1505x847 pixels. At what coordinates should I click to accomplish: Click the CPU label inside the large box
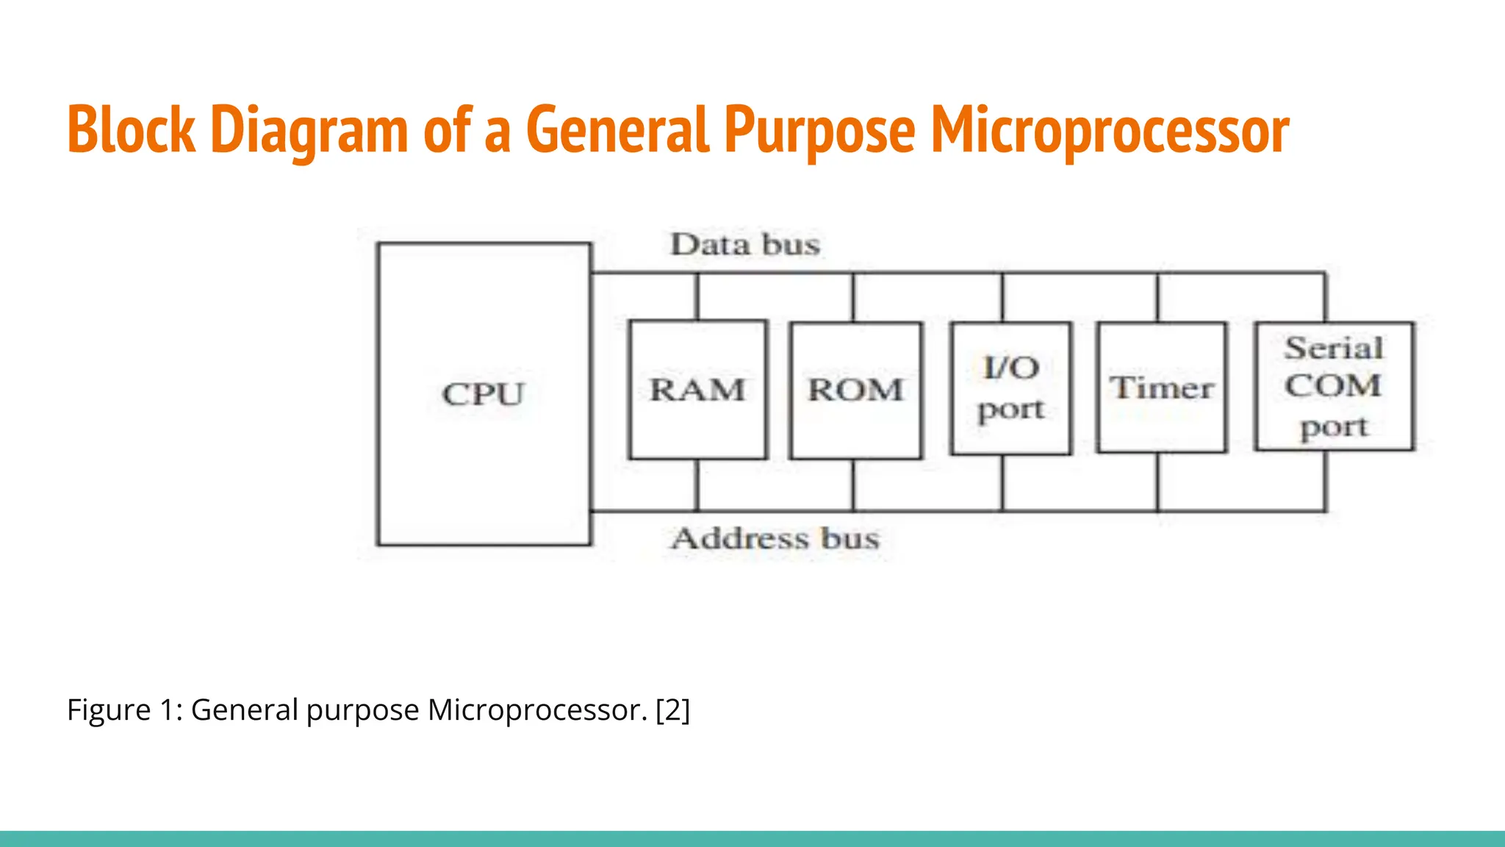(483, 394)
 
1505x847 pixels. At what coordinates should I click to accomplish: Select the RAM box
(697, 390)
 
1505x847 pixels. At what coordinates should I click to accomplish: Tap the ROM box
(855, 390)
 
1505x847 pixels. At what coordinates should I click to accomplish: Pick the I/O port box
(1010, 388)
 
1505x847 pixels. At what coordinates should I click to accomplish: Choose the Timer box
(1161, 387)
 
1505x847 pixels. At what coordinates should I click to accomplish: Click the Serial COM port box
(1334, 387)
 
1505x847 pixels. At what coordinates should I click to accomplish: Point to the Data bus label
(745, 245)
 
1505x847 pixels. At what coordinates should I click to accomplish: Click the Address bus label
(775, 539)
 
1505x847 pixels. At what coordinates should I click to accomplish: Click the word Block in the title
(132, 130)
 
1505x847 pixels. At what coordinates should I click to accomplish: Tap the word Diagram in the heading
(309, 130)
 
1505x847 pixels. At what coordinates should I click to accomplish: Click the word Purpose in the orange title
(819, 130)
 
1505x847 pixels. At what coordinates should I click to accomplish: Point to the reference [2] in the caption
(673, 710)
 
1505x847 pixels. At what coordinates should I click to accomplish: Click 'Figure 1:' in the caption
(125, 710)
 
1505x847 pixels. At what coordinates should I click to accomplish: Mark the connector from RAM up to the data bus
(697, 296)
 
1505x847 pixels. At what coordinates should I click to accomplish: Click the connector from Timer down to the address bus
(1158, 482)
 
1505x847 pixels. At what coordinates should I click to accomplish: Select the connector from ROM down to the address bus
(853, 485)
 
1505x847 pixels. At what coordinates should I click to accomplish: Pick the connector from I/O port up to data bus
(1002, 297)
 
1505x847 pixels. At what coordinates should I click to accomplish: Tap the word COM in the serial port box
(1333, 386)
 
